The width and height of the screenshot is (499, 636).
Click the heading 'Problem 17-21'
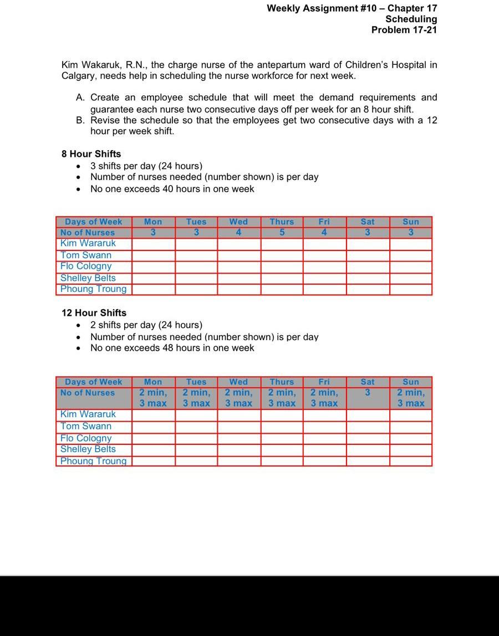(404, 30)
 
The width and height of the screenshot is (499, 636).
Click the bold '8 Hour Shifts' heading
(91, 154)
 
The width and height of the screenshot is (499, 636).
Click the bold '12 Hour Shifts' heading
(94, 313)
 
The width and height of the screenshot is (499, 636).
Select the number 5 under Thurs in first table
(282, 233)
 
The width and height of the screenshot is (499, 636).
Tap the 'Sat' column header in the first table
(368, 222)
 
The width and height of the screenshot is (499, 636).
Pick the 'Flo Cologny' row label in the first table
(86, 266)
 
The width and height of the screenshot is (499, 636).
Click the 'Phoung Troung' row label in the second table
(93, 461)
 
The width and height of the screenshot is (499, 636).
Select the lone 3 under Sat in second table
(368, 393)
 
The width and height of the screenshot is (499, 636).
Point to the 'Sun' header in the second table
(411, 382)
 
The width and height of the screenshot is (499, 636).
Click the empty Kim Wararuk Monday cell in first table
(154, 244)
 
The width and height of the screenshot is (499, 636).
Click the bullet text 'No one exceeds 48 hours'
(172, 348)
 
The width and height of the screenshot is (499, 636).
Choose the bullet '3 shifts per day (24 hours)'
(146, 166)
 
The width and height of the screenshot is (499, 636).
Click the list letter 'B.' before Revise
(81, 120)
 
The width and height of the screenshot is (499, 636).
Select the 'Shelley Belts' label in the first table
(88, 278)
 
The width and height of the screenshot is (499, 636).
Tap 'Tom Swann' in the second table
(86, 426)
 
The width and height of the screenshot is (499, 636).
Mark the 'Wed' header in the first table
(238, 222)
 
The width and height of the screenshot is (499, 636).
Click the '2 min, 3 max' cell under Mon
(153, 398)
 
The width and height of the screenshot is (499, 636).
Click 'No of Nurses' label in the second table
(88, 393)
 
